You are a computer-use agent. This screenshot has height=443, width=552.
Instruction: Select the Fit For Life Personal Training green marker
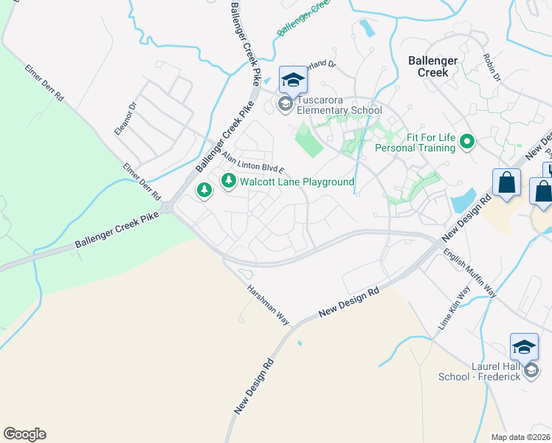466,141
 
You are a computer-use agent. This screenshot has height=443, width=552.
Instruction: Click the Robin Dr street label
493,67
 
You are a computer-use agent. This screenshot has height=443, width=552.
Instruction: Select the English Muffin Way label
470,272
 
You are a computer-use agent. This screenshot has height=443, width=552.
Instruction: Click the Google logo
24,434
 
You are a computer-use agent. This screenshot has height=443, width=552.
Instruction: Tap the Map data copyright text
521,437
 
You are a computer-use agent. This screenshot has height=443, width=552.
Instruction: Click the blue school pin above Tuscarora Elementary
292,78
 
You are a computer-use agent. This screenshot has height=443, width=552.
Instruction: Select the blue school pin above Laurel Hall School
524,346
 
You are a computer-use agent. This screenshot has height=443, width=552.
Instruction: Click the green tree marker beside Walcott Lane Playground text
229,180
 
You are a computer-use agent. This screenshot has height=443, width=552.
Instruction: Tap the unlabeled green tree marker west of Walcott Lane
204,191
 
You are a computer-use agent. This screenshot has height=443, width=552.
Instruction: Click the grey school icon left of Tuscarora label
286,105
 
